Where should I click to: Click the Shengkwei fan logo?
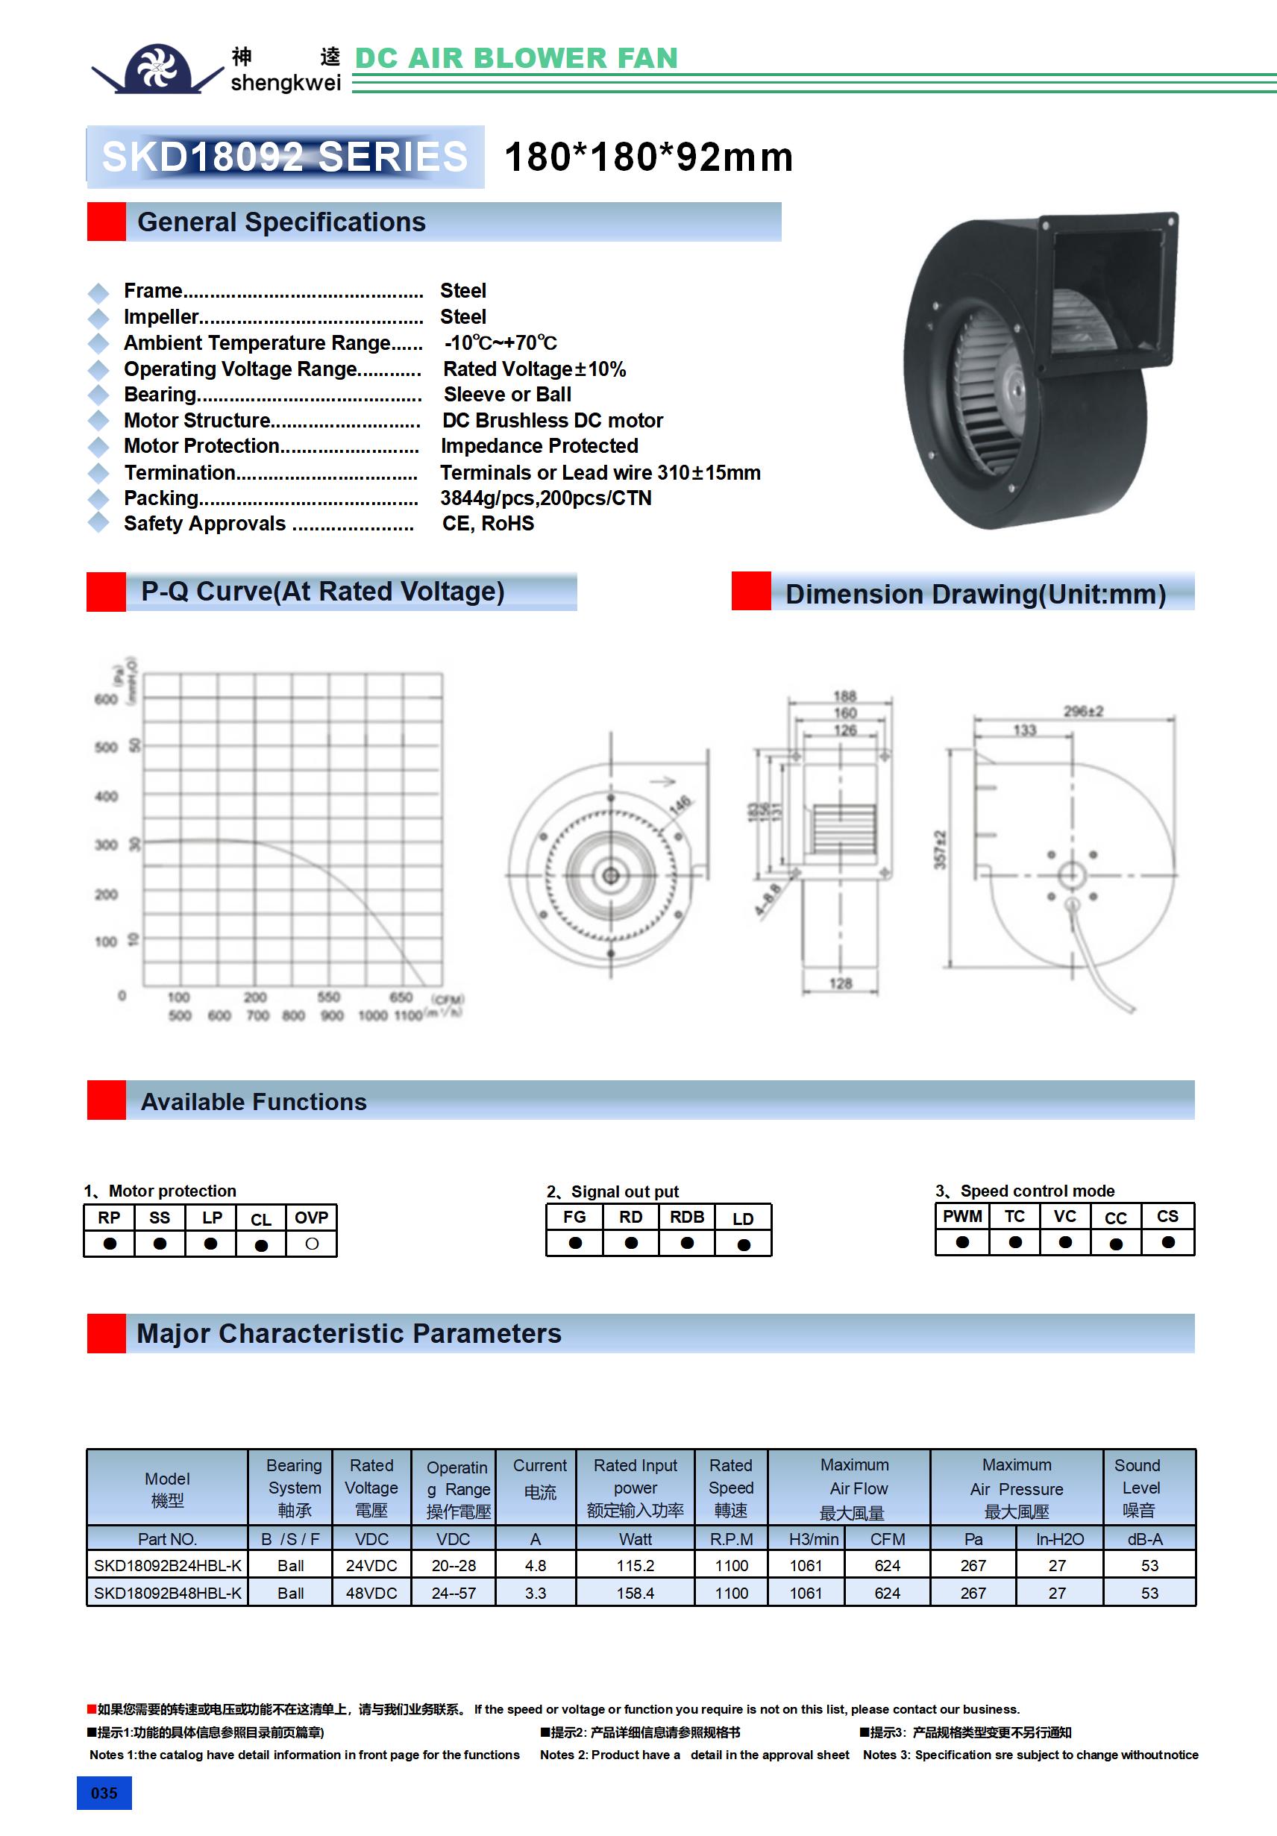(157, 69)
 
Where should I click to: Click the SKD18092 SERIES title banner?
(285, 157)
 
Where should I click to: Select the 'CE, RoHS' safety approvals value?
(488, 524)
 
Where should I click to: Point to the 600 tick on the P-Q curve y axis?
(106, 699)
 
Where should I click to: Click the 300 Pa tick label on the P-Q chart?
(106, 845)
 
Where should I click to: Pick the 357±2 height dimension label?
(940, 849)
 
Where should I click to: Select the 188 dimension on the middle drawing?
(844, 696)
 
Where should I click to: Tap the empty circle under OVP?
(312, 1244)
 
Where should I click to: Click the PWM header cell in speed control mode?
(962, 1216)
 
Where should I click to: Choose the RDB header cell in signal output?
(687, 1217)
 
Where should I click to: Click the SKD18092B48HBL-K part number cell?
(167, 1593)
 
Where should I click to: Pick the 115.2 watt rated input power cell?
(635, 1566)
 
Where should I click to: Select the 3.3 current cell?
(535, 1593)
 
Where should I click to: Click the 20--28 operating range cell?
(454, 1566)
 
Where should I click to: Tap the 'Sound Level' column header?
(1140, 1488)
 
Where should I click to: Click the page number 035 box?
(104, 1793)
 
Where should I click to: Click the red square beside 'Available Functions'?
(107, 1100)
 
